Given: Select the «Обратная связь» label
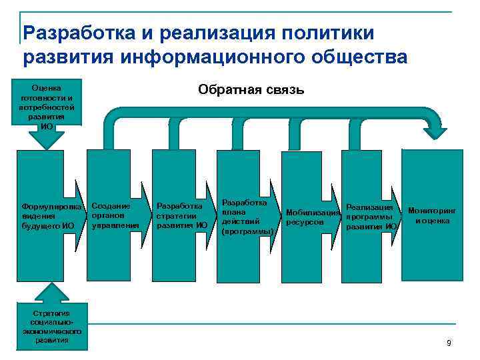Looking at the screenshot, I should [x=250, y=89].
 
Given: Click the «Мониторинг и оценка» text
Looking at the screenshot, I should [x=432, y=215].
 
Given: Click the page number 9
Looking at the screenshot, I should [x=449, y=343].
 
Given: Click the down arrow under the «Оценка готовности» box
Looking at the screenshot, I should [x=47, y=138].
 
